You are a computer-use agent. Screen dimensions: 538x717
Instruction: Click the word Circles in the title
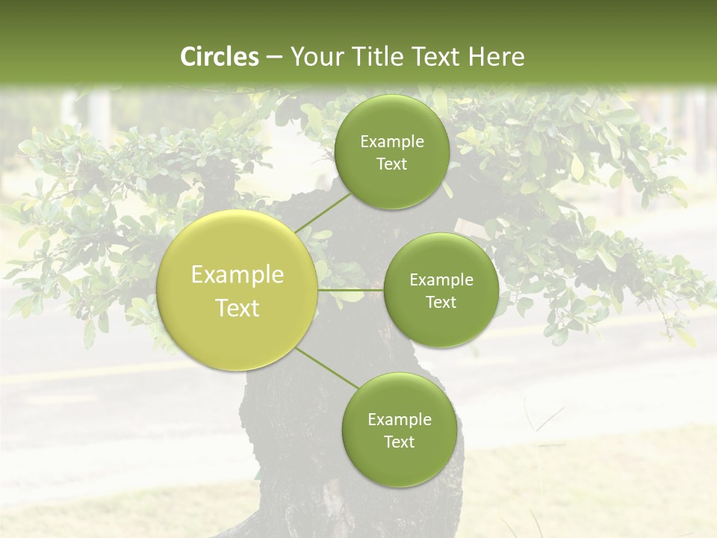point(219,57)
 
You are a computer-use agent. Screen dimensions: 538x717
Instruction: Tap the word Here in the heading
point(496,57)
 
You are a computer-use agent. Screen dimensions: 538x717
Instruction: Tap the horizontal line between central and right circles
point(350,290)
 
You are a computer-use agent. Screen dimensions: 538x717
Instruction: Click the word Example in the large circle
point(238,275)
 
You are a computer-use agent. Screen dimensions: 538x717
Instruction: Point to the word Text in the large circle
point(238,308)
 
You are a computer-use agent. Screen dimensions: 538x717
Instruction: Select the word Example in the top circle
point(391,141)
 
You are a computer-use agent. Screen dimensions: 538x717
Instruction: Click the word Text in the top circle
point(391,164)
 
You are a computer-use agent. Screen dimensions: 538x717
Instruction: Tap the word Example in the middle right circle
point(441,279)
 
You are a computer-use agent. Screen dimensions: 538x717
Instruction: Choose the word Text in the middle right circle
point(441,302)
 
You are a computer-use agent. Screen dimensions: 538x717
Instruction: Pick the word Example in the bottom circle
point(399,419)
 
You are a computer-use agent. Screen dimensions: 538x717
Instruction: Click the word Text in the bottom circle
point(399,442)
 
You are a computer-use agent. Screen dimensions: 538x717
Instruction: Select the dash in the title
point(273,57)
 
